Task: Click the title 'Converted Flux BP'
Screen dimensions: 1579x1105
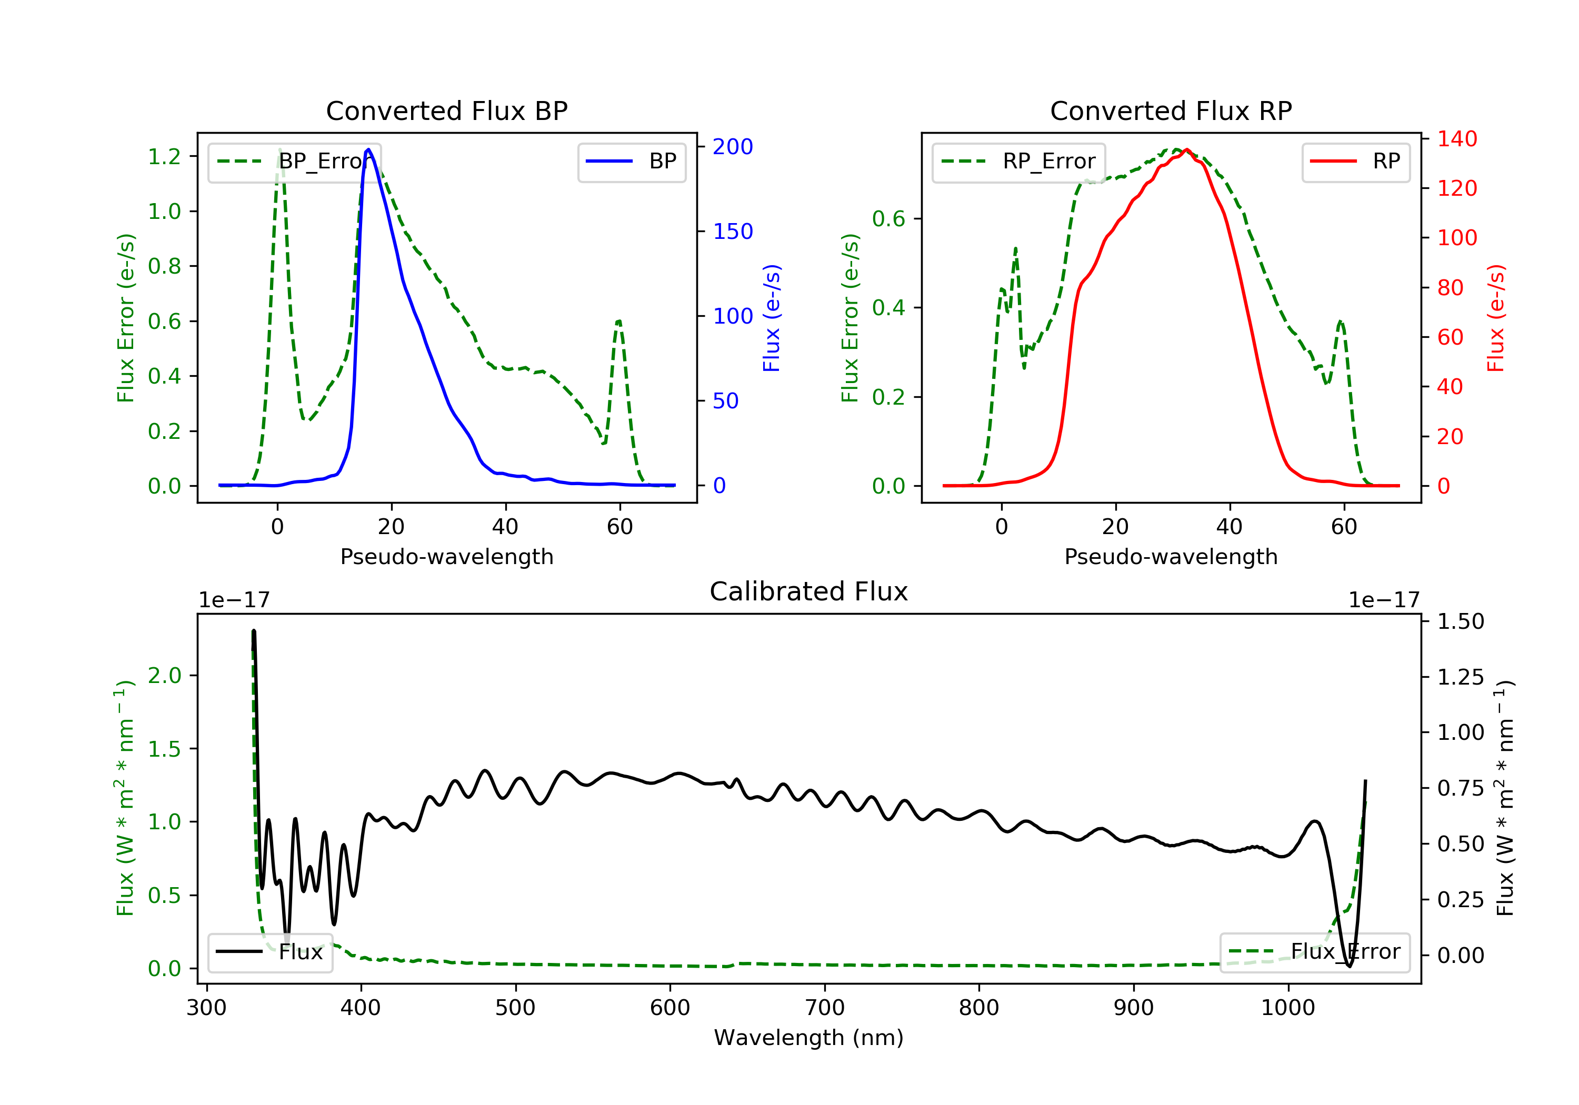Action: (x=446, y=110)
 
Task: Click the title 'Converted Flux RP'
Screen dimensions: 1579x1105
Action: (x=1171, y=110)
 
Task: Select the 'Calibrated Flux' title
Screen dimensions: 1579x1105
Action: (x=809, y=591)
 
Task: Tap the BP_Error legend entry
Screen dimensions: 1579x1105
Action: (x=294, y=162)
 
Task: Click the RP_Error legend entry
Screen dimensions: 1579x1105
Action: (x=1018, y=162)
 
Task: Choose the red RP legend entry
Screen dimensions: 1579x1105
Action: (x=1355, y=162)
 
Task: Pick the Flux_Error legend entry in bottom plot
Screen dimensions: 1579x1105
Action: (x=1315, y=952)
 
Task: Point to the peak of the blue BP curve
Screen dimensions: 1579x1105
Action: (x=368, y=149)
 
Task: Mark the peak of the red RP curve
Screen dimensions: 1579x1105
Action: (x=1186, y=149)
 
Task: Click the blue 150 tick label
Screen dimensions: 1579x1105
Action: (x=733, y=231)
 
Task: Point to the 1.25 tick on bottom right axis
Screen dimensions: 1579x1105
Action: (x=1460, y=677)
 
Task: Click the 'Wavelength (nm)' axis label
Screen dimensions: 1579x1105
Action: (x=809, y=1038)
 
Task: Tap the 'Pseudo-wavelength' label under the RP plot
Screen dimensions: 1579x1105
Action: (x=1171, y=556)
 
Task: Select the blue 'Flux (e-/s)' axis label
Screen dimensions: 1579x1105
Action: (x=772, y=318)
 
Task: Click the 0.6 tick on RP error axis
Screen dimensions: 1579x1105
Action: (x=888, y=219)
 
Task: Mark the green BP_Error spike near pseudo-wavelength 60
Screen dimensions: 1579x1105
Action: (x=619, y=321)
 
